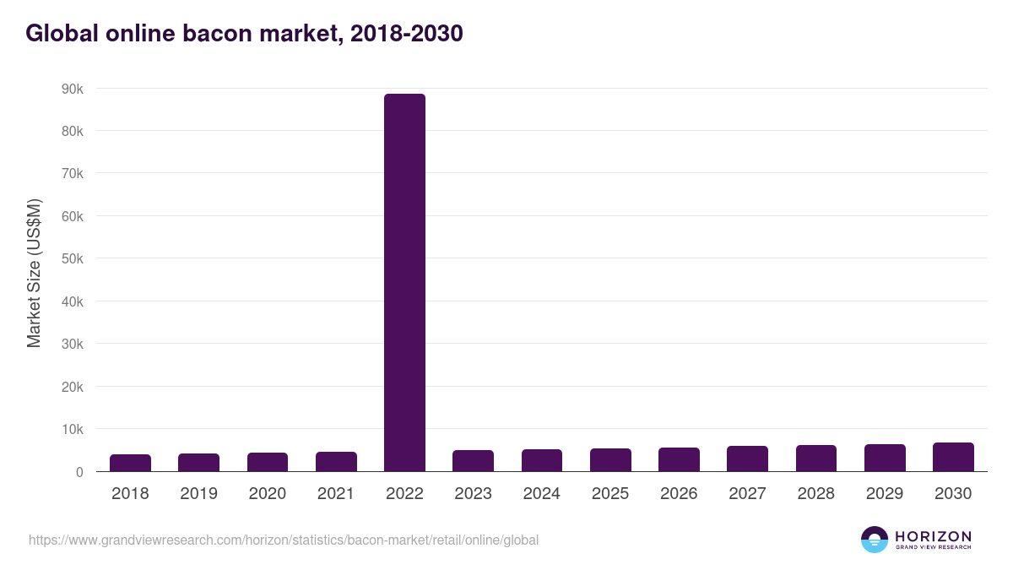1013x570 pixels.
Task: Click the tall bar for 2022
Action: coord(404,282)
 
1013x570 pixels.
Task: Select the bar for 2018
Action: coord(130,463)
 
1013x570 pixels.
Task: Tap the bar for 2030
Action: coord(953,457)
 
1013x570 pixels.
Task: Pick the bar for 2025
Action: coord(610,459)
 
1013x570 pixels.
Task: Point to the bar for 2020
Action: coord(268,462)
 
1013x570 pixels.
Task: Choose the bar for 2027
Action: coord(747,459)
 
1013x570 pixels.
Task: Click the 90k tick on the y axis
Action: coord(72,89)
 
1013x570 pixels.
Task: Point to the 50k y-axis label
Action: coord(72,258)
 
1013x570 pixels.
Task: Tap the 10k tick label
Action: coord(72,429)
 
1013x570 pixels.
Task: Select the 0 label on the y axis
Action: coord(79,472)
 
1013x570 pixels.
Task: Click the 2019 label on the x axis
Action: coord(198,494)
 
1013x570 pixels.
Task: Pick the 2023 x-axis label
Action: coord(473,494)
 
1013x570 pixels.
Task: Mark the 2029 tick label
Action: coord(885,494)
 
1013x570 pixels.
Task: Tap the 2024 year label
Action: coord(541,494)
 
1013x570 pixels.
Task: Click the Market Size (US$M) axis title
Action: coord(34,273)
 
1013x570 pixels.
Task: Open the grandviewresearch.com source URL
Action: coord(283,540)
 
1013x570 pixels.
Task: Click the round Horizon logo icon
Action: coord(875,540)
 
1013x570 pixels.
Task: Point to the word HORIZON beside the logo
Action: coord(933,536)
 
